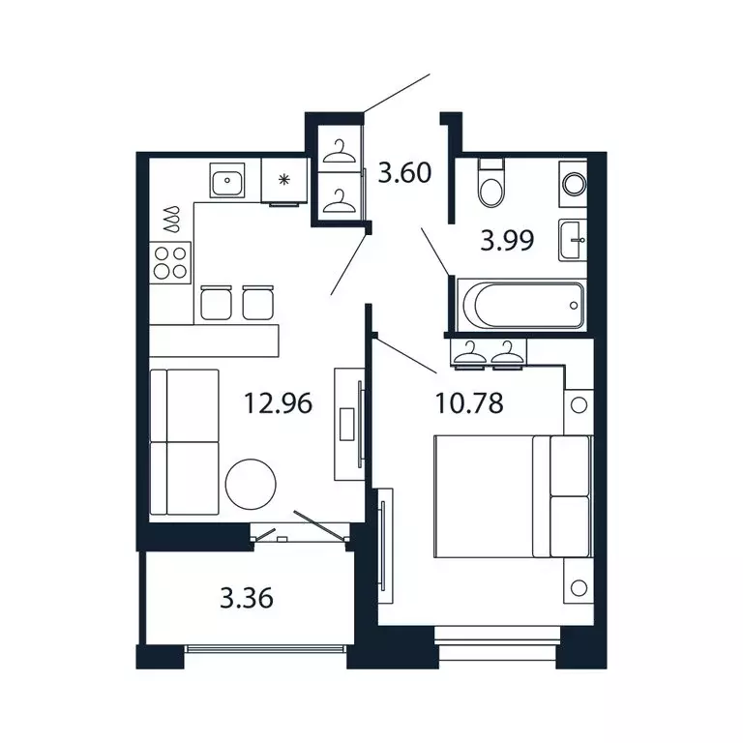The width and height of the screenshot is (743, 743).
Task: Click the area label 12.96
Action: pos(280,401)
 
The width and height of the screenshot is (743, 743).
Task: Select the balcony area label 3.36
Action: pos(247,598)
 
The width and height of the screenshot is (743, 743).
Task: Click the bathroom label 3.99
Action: pos(507,239)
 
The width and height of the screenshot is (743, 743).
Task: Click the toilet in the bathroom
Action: pos(491,184)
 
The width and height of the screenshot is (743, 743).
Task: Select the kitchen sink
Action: pos(227,180)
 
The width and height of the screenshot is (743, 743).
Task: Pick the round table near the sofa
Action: pos(252,480)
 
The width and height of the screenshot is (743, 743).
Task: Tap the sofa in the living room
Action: pos(186,441)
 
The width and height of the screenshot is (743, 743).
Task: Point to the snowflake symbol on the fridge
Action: pos(284,179)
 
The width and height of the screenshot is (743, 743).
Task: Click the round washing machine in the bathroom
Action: pos(573,182)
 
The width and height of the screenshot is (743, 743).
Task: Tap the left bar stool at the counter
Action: pos(215,302)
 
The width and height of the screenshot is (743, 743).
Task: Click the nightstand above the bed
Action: pos(577,405)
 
